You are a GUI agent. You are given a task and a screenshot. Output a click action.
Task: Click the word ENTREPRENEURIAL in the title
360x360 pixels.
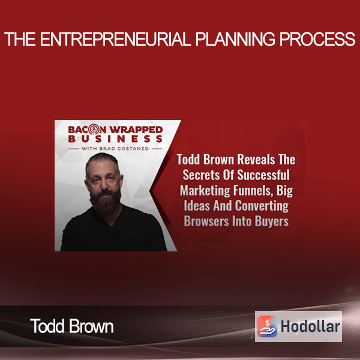pyautogui.click(x=116, y=39)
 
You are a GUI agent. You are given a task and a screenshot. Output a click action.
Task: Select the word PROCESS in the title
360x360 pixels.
pyautogui.click(x=317, y=39)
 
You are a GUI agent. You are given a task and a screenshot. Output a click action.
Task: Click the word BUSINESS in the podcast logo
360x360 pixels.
pyautogui.click(x=115, y=139)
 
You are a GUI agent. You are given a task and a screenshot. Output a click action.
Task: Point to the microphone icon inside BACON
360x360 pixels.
pyautogui.click(x=94, y=130)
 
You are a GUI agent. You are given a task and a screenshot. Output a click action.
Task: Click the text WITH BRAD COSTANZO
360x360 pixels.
pyautogui.click(x=115, y=149)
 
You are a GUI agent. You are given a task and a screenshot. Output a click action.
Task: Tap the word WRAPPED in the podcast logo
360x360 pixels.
pyautogui.click(x=136, y=130)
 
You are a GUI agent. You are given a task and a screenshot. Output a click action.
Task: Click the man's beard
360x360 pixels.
pyautogui.click(x=106, y=199)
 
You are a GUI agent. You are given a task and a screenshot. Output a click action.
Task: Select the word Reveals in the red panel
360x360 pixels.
pyautogui.click(x=256, y=160)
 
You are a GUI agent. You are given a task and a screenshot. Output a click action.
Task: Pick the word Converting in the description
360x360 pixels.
pyautogui.click(x=262, y=206)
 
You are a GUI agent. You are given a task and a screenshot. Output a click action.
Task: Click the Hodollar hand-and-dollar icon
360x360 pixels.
pyautogui.click(x=267, y=326)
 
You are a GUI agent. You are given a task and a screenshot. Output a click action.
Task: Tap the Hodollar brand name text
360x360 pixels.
pyautogui.click(x=310, y=326)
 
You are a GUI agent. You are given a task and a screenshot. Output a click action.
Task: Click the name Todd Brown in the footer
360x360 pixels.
pyautogui.click(x=71, y=326)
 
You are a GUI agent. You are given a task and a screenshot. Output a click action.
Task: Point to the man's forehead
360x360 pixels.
pyautogui.click(x=103, y=166)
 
